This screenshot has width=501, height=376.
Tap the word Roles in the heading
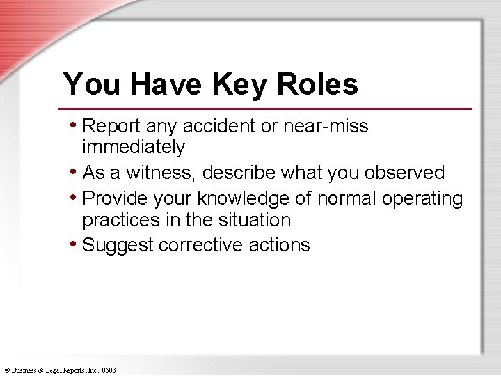click(317, 84)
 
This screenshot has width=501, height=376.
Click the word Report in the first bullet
click(111, 126)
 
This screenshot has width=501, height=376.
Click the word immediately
click(134, 147)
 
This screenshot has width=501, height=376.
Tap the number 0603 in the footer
click(109, 370)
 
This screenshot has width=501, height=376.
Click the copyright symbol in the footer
click(6, 370)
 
